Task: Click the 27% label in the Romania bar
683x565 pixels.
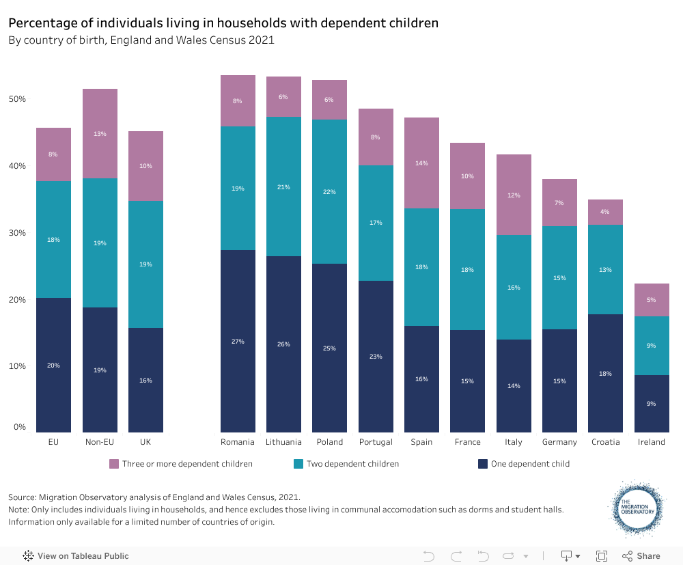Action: (x=238, y=341)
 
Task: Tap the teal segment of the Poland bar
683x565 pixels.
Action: (x=329, y=192)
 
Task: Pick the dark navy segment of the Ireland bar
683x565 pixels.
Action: (x=652, y=403)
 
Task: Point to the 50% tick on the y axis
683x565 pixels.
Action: (x=17, y=99)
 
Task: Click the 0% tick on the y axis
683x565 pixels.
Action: (x=19, y=427)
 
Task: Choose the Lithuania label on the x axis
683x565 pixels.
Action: (x=283, y=442)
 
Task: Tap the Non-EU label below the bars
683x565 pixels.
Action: (x=100, y=442)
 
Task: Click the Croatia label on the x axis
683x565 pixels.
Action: (x=605, y=442)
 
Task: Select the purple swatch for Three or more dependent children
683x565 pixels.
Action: (x=114, y=464)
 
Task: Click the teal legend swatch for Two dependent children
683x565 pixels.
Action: (x=298, y=464)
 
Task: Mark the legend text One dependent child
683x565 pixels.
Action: (x=530, y=464)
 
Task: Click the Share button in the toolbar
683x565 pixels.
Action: (x=641, y=555)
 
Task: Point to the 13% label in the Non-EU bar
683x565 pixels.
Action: (x=100, y=134)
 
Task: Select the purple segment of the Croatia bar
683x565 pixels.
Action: (x=605, y=212)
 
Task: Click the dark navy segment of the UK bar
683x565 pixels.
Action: (x=145, y=380)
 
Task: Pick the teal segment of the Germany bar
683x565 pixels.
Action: (x=559, y=277)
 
